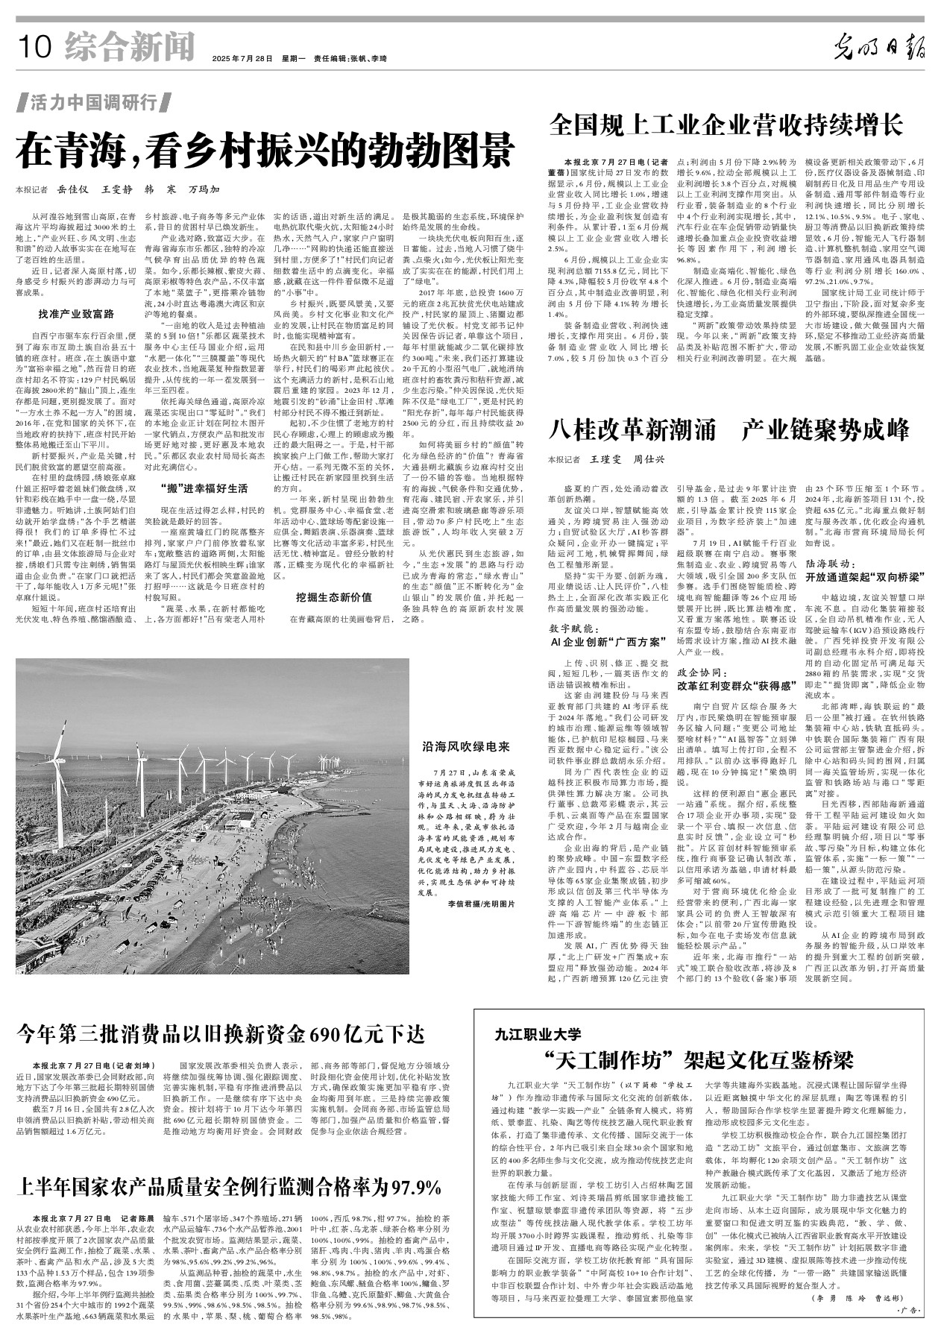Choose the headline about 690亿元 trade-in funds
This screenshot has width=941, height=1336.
[221, 1033]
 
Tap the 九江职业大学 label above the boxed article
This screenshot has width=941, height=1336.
[537, 1034]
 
